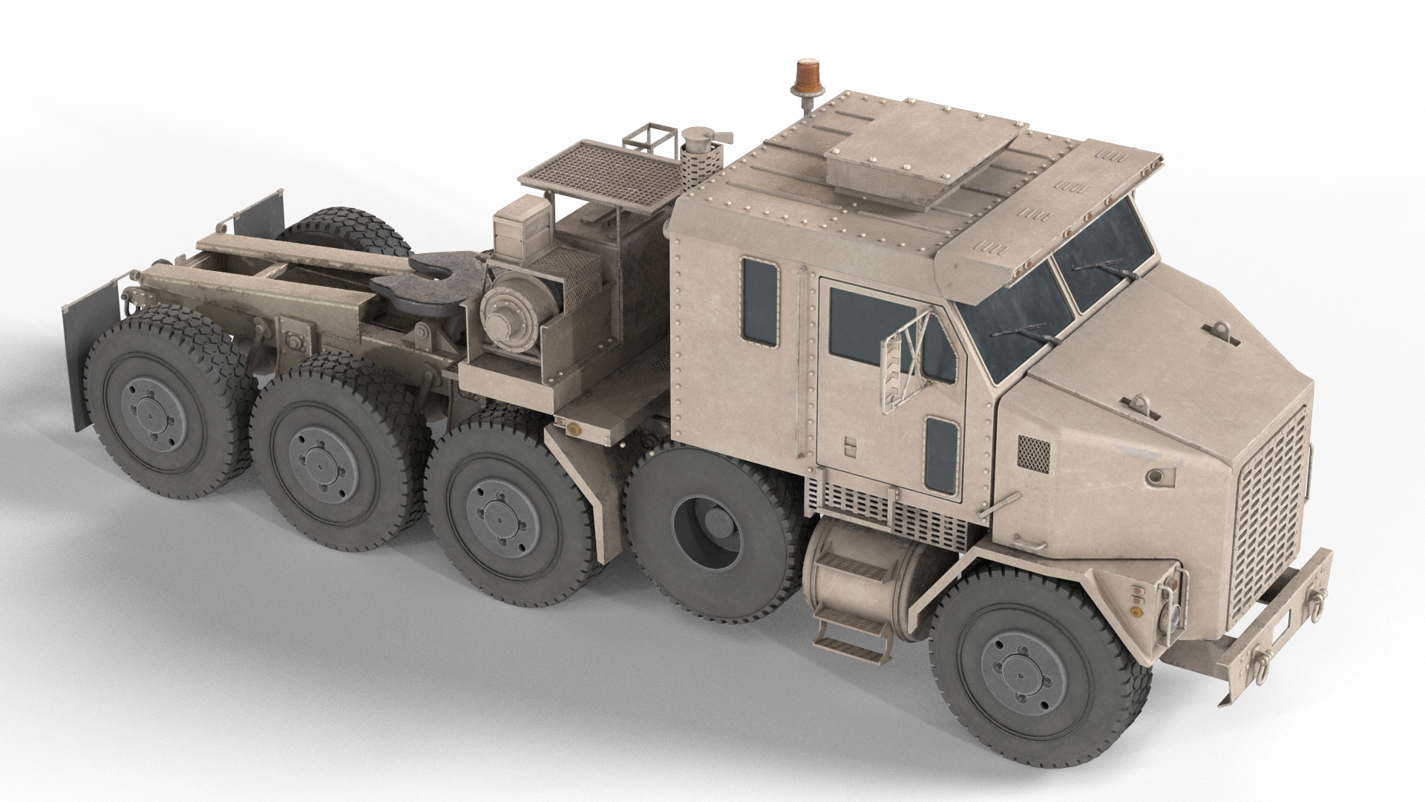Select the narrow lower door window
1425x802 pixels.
(x=941, y=453)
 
